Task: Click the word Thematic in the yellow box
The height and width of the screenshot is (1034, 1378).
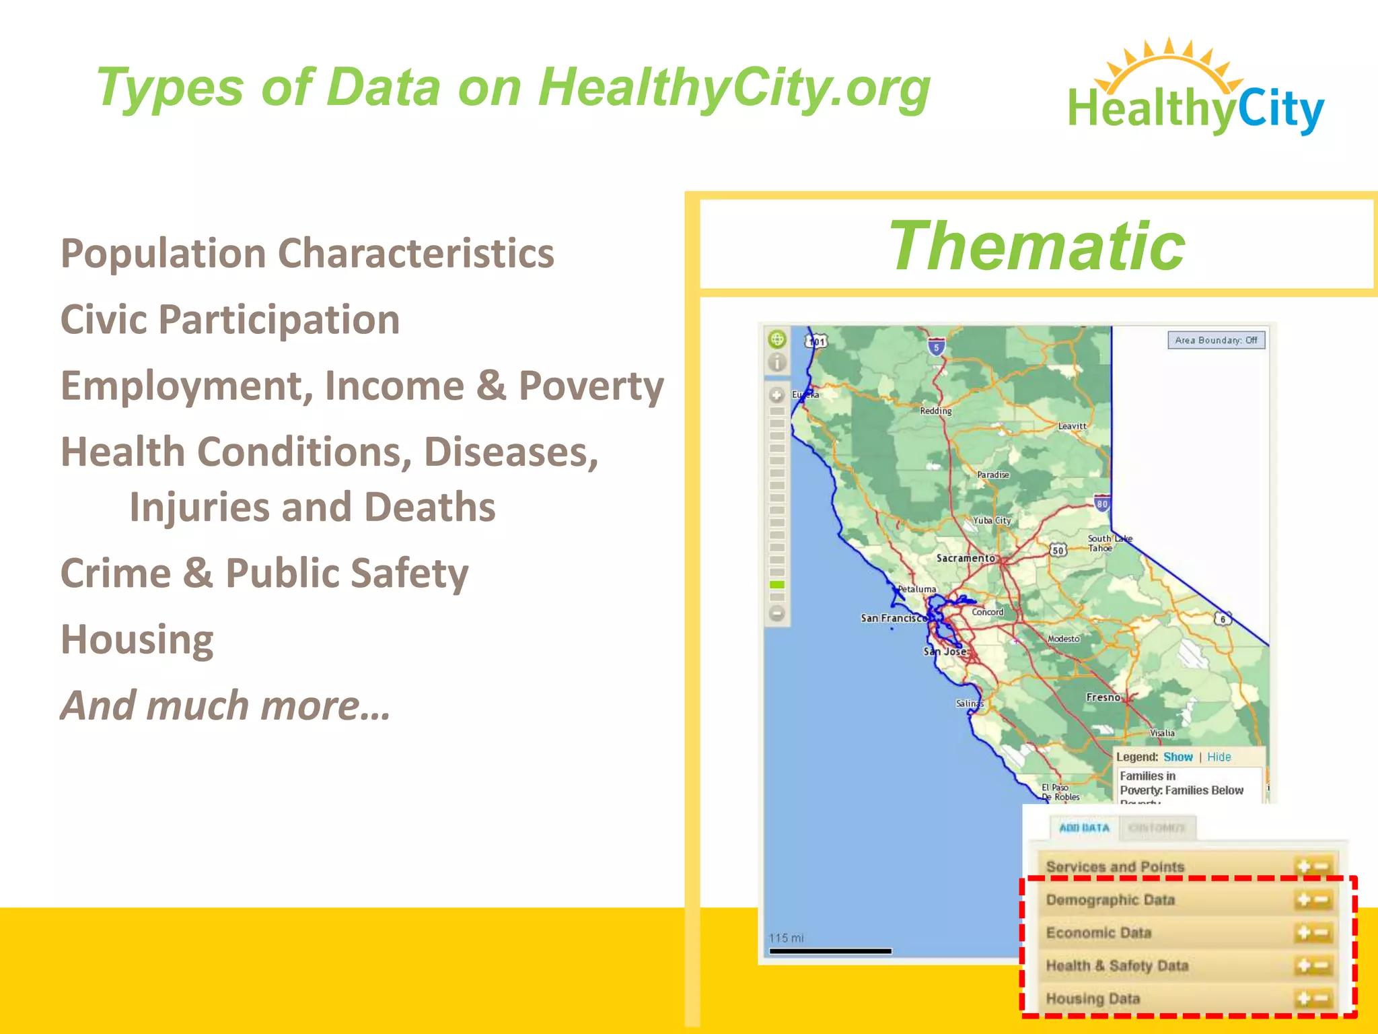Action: coord(1036,246)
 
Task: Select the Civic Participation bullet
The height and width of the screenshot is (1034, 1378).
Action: coord(230,319)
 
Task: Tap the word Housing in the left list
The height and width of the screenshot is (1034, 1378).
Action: coord(137,639)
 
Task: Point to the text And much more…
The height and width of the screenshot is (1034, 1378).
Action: coord(225,705)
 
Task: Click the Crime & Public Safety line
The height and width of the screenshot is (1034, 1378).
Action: coord(264,573)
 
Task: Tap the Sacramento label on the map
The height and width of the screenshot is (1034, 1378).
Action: coord(965,558)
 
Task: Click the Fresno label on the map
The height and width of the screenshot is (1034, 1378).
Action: coord(1103,697)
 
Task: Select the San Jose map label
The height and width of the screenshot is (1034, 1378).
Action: coord(945,651)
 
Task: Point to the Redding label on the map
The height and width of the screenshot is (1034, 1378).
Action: coord(935,411)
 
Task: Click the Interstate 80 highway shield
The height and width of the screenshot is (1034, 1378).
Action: coord(1101,504)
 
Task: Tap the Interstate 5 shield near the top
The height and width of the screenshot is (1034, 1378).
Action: coord(935,347)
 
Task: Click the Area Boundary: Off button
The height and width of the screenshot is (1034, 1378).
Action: coord(1216,340)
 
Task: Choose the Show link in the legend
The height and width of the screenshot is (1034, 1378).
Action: coord(1177,757)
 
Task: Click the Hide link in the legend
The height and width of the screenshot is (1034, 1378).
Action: coord(1219,757)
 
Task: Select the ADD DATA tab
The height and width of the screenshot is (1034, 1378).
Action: coord(1084,828)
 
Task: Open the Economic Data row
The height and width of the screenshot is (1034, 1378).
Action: coord(1098,933)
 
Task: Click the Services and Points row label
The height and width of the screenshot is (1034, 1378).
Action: coord(1115,867)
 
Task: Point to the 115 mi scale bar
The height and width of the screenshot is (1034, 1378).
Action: coord(830,951)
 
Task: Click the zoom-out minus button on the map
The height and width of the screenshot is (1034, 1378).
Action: coord(777,613)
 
